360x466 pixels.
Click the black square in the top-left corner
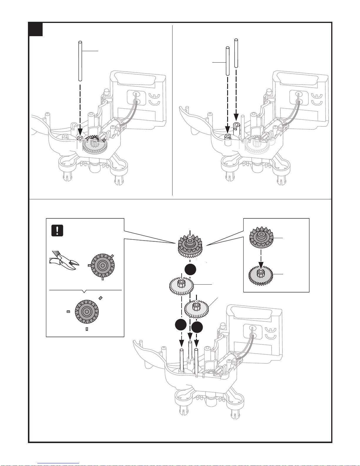click(36, 29)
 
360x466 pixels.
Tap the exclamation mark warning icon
click(57, 230)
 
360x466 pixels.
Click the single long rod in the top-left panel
click(80, 61)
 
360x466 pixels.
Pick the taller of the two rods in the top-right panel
click(236, 53)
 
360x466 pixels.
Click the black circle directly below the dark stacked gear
click(190, 270)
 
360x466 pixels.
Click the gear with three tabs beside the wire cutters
click(103, 266)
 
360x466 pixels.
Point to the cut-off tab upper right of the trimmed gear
click(101, 298)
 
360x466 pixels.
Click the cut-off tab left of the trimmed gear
click(68, 311)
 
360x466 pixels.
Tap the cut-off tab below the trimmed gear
click(87, 329)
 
